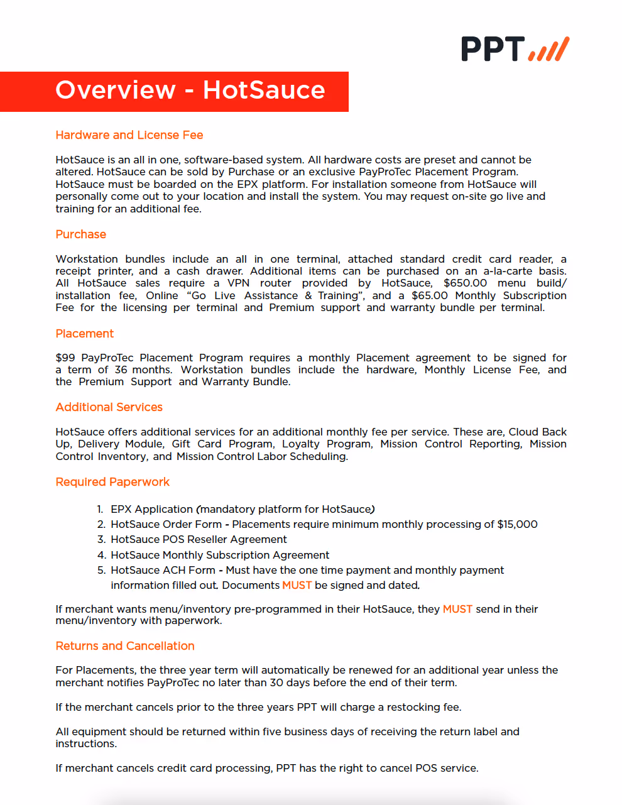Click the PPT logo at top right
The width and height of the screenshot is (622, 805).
coord(515,49)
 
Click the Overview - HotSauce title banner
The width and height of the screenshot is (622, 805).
coord(190,90)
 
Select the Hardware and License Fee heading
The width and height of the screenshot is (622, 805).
coord(129,135)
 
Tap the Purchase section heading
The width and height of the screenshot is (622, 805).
coord(80,234)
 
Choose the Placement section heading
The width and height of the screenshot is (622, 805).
coord(84,334)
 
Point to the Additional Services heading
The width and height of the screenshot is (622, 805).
coord(109,407)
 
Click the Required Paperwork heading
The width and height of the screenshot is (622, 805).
coord(112,482)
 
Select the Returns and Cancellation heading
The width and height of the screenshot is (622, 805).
coord(124,646)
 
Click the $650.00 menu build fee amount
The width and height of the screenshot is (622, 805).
coord(465,283)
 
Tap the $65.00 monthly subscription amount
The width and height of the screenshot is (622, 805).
coord(430,295)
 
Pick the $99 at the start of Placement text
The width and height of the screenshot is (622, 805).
coord(65,358)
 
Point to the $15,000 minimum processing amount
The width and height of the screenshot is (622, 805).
coord(517,524)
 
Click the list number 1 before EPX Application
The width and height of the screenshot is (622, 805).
coord(100,509)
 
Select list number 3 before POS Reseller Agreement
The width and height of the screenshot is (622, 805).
coord(101,539)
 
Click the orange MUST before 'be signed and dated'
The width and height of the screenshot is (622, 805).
coord(297,585)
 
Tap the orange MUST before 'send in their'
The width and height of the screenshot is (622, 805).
coord(457,609)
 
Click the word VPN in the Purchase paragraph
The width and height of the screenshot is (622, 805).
coord(238,283)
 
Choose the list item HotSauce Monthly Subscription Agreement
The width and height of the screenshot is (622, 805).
coord(220,555)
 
